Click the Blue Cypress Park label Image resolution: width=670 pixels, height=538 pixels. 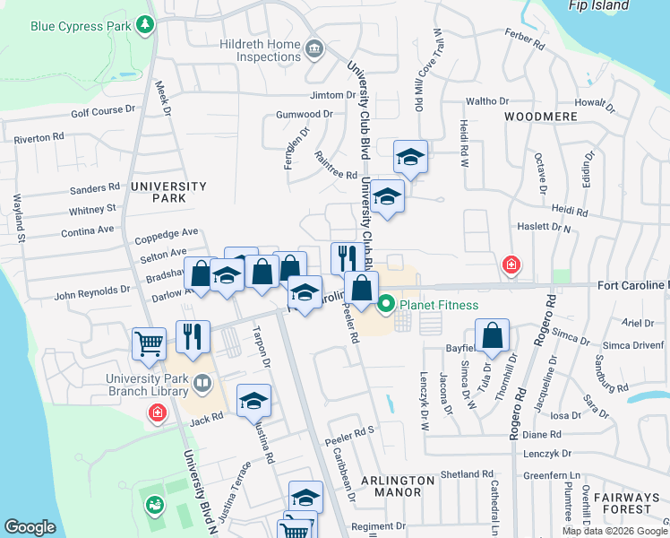click(80, 26)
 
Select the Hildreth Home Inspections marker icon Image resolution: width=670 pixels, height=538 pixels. click(314, 48)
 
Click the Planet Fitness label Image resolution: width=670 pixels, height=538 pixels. click(439, 305)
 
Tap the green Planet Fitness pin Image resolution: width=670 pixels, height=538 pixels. click(387, 305)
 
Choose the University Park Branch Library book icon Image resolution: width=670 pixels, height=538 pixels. click(202, 386)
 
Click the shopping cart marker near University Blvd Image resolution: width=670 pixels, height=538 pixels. click(149, 342)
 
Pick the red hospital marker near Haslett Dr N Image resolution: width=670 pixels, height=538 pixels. click(511, 265)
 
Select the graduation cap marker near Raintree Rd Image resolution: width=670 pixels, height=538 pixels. click(411, 158)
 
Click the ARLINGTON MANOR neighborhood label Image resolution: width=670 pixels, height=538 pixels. click(399, 486)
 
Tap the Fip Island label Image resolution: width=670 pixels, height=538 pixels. click(598, 5)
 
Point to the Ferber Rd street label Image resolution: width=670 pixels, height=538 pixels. click(524, 42)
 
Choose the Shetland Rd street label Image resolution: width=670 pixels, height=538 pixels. click(468, 474)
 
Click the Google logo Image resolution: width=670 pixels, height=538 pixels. click(30, 527)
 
